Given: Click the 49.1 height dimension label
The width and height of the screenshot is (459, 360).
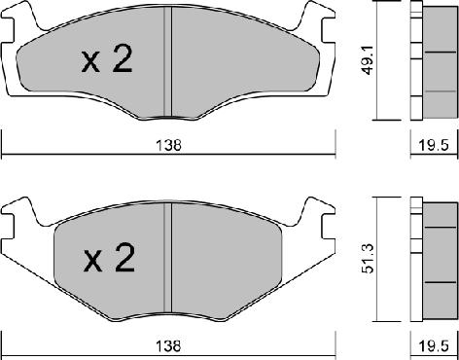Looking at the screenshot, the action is [368, 60].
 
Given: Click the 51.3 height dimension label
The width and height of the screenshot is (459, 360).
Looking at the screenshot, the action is [369, 259].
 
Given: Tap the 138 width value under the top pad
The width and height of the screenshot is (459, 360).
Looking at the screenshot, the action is [168, 145].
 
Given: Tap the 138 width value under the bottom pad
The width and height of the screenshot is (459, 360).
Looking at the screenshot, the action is [168, 346].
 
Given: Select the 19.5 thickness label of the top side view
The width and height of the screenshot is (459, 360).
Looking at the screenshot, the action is [435, 145].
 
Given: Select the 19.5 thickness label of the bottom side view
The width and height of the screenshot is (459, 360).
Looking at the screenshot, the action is [435, 346].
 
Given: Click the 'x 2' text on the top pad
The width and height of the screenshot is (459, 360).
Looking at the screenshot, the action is [107, 59].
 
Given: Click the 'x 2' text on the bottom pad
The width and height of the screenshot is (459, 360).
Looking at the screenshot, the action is [109, 258].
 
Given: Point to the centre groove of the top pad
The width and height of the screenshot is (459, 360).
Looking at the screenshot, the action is [167, 61].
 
